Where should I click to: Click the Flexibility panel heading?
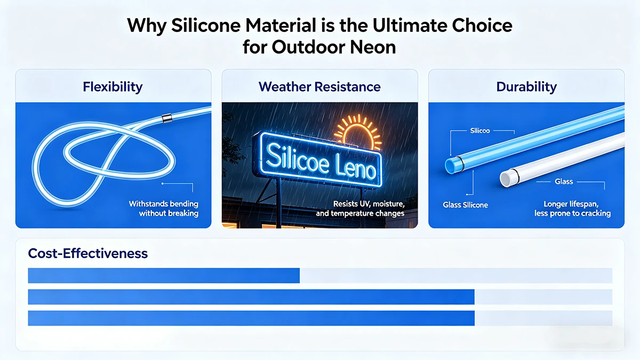point(113,86)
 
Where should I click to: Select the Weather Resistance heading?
point(319,86)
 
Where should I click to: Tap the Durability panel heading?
point(526,86)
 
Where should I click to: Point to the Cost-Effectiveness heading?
point(87,253)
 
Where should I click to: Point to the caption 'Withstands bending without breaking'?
point(164,209)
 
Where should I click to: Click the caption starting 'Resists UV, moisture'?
point(368,209)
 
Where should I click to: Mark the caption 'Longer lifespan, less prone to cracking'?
point(573,209)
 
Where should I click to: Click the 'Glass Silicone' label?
point(465,205)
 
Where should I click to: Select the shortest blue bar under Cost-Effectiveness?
point(163,275)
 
